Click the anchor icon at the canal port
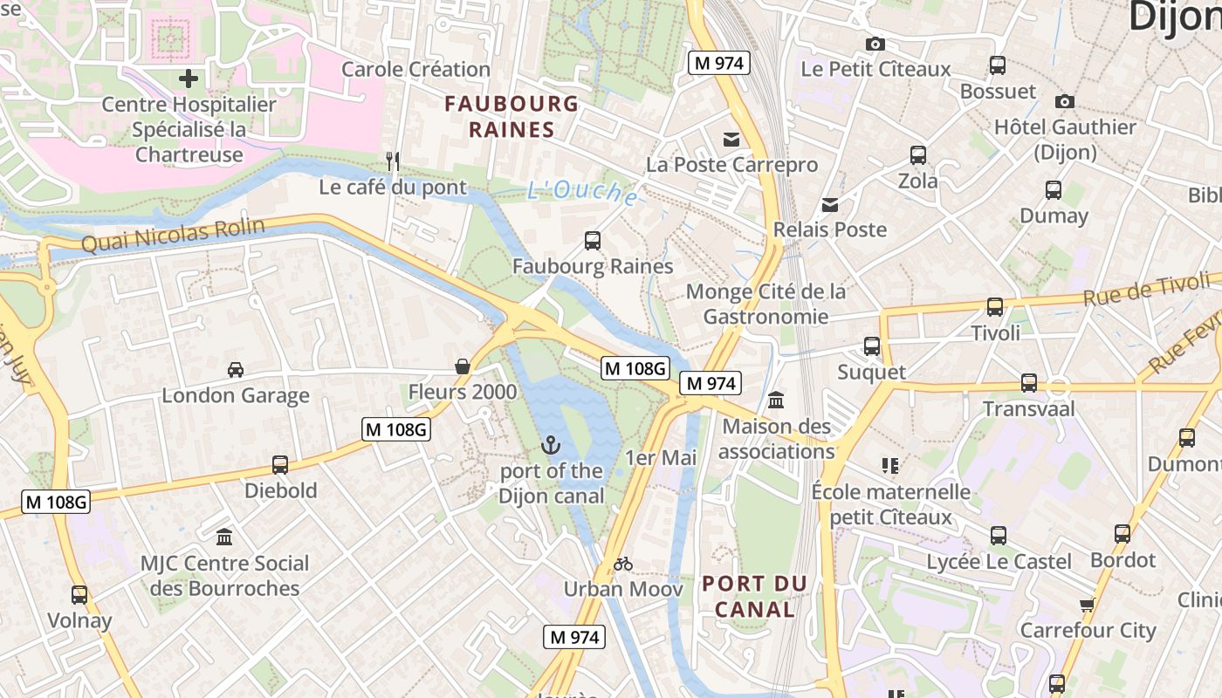click(x=550, y=446)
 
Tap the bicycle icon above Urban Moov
click(x=622, y=564)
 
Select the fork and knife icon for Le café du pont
click(x=393, y=161)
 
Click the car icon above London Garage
click(x=236, y=370)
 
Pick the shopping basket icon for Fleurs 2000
click(x=463, y=366)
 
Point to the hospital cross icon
click(x=189, y=79)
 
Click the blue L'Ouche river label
click(x=581, y=192)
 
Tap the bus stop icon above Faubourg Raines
click(x=593, y=241)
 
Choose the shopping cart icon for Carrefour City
click(x=1087, y=605)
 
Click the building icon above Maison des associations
click(x=775, y=400)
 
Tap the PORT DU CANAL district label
click(x=755, y=596)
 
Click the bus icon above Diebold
click(x=280, y=465)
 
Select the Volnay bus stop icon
click(x=79, y=595)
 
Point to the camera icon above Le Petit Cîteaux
click(x=875, y=44)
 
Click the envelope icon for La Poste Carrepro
click(x=731, y=140)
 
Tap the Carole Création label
click(x=415, y=69)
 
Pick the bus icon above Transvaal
click(x=1029, y=383)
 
